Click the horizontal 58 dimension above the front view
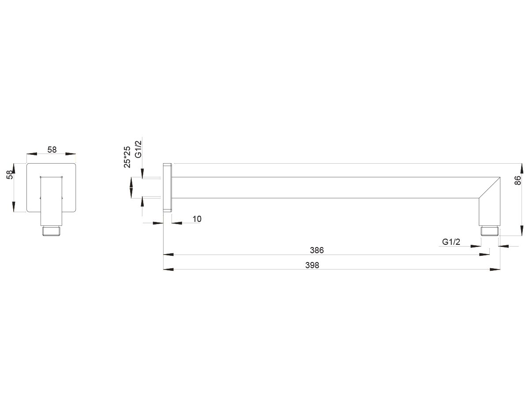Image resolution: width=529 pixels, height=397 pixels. coord(52,150)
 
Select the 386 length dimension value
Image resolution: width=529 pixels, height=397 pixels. coord(317,250)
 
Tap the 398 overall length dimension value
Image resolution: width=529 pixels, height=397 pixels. coord(312,265)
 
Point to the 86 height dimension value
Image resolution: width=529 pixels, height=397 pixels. coord(518,180)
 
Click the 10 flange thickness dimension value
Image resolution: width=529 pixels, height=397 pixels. coord(197,219)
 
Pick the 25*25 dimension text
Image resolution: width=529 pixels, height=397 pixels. coord(127,157)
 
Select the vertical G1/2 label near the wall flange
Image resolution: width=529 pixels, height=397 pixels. coord(138,150)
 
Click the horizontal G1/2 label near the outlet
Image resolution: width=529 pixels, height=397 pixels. coord(451,242)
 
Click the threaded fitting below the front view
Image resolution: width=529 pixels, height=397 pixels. coord(52,231)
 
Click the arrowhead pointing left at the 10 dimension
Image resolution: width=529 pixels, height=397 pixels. coord(177,223)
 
